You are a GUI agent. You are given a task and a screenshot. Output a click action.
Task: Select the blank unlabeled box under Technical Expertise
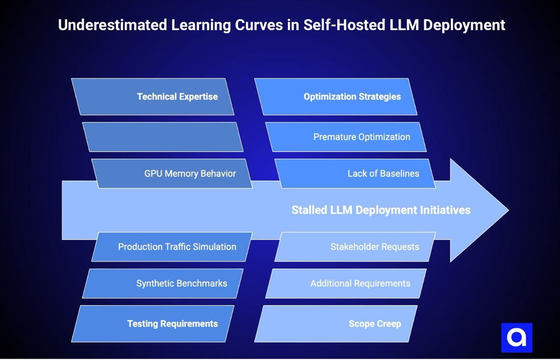pyautogui.click(x=163, y=137)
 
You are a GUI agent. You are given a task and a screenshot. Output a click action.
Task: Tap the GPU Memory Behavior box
pyautogui.click(x=172, y=174)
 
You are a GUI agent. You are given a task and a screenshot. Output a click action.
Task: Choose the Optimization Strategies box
pyautogui.click(x=336, y=97)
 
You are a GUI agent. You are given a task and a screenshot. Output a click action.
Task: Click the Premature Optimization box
pyautogui.click(x=346, y=137)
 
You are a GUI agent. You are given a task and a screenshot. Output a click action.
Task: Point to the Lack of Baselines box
pyautogui.click(x=355, y=174)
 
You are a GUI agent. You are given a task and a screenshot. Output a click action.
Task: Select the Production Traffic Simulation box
pyautogui.click(x=172, y=247)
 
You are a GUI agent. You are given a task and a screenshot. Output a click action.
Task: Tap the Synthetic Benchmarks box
pyautogui.click(x=163, y=283)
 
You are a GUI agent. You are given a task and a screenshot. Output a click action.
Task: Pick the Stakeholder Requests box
pyautogui.click(x=355, y=247)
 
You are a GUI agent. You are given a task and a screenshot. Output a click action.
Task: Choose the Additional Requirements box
pyautogui.click(x=346, y=283)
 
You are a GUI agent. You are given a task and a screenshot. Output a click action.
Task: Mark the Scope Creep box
pyautogui.click(x=336, y=324)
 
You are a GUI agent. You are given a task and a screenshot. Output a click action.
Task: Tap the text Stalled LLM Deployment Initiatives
pyautogui.click(x=381, y=210)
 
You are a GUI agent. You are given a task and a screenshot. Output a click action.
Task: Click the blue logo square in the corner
pyautogui.click(x=517, y=338)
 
